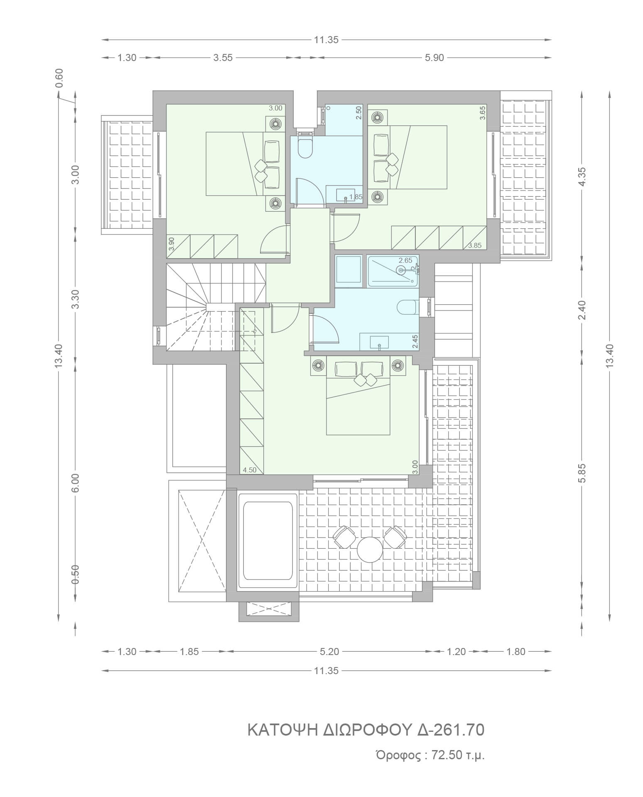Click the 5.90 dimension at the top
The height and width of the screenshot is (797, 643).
pos(434,58)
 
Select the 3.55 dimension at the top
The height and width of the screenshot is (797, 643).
pos(223,58)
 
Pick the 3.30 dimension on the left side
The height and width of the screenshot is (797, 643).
pos(75,299)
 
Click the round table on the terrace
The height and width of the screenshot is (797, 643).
pos(370,550)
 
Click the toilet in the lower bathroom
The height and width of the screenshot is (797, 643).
pos(408,308)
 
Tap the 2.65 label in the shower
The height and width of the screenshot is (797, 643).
pos(405,260)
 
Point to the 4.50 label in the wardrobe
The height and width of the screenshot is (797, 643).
pos(250,470)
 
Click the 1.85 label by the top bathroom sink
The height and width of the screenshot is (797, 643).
pos(356,197)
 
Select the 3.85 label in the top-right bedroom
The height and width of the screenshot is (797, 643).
pos(475,245)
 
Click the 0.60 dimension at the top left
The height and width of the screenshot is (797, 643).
pos(59,77)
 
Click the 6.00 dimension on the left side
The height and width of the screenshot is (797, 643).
pos(75,483)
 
